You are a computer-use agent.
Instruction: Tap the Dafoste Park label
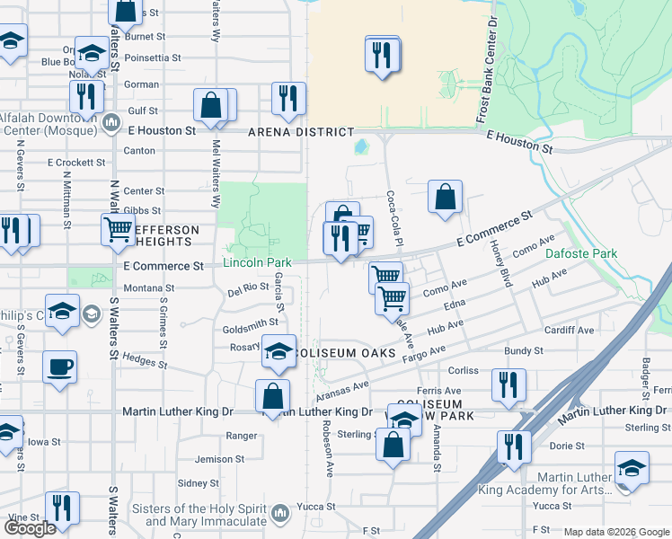pos(581,254)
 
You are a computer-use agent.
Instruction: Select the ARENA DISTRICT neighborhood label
pos(307,132)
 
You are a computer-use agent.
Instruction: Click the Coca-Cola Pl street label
pos(393,218)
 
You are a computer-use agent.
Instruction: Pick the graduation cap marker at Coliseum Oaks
pos(279,350)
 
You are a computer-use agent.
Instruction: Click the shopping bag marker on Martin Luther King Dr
pos(272,396)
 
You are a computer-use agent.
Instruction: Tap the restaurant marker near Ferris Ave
pos(508,384)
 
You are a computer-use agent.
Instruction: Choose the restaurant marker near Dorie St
pos(514,446)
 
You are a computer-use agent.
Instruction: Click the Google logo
pos(31,529)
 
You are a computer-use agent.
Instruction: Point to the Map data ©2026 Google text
pos(617,532)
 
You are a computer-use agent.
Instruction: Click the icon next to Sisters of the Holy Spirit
pos(280,513)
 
